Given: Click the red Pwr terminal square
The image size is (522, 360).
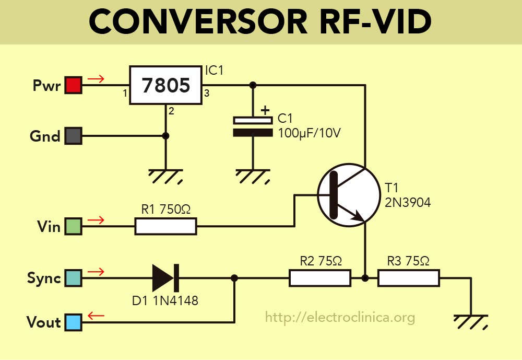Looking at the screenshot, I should coord(73,85).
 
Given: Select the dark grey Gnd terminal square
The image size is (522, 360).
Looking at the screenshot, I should coord(73,136).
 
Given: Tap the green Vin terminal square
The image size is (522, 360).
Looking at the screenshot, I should coord(73,226).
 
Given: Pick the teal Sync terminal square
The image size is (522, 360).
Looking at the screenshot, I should coord(73,278).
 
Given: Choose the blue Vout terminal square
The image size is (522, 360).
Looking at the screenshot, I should coord(73,322).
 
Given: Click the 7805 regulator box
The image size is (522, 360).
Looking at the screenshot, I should coord(166,85).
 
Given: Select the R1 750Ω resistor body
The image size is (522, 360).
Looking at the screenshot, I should coord(165,226).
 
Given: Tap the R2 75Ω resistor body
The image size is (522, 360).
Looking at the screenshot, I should coord(320,278).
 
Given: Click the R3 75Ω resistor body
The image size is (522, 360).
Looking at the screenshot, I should coord(409,278).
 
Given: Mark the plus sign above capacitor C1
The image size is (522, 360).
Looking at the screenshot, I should coord(266,110).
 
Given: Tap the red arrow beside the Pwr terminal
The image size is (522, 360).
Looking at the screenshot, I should coord(96,79).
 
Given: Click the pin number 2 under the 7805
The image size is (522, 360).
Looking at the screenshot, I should coord(170,111).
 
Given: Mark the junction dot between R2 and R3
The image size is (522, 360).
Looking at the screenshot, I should coord(365,278).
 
